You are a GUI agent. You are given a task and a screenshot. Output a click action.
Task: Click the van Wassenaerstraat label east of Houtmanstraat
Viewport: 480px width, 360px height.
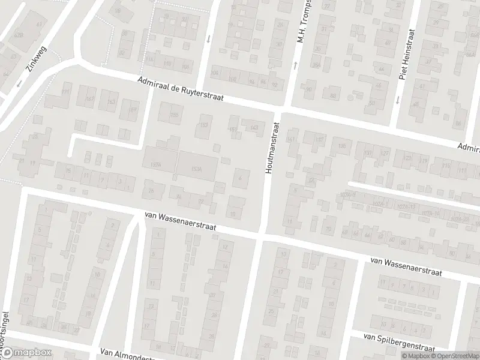point(406,266)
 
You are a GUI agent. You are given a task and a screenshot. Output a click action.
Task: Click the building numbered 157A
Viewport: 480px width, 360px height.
point(157,164)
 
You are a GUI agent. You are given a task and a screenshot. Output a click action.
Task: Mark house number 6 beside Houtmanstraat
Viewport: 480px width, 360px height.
point(241,178)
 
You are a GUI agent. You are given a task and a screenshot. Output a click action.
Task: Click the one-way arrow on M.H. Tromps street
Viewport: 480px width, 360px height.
point(295,65)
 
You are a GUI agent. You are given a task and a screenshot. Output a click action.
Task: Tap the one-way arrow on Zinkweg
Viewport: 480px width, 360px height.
point(19,83)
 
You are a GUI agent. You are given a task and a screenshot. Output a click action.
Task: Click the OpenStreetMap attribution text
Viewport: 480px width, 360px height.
point(454,356)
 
